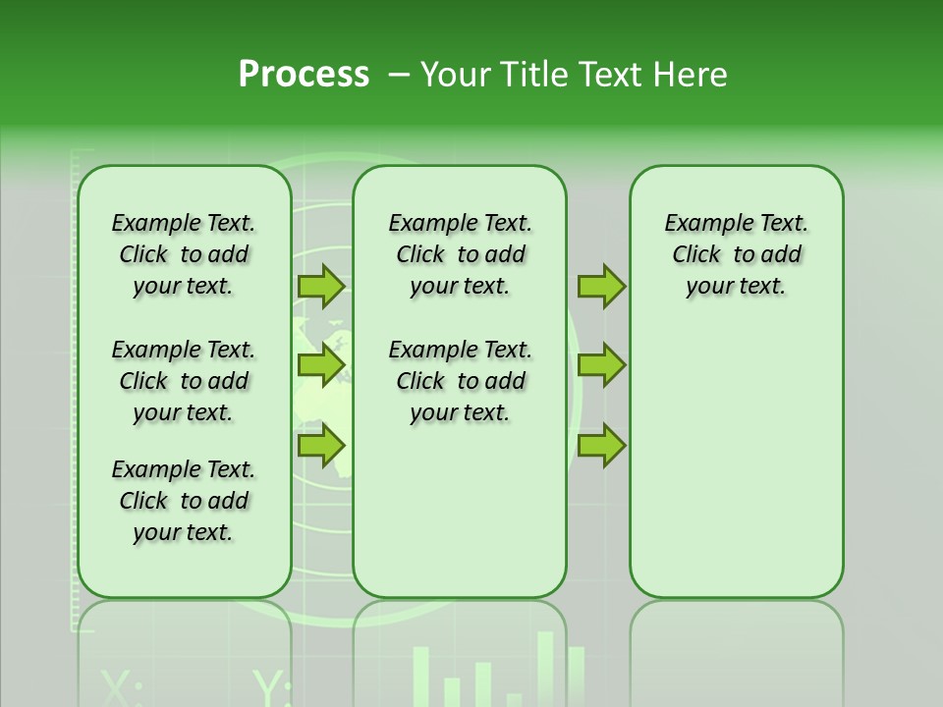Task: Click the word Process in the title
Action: [x=304, y=75]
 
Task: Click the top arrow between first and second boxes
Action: [x=321, y=286]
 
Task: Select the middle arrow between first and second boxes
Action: [x=321, y=365]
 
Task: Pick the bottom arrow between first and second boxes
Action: [x=321, y=445]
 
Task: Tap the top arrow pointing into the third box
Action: [x=601, y=286]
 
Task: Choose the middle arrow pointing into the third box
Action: [x=601, y=365]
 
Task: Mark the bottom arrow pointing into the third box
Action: [x=601, y=445]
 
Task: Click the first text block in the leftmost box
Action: [x=184, y=254]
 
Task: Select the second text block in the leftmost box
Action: [x=184, y=381]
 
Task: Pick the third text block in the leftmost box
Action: [x=184, y=501]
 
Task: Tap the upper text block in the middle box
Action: [x=460, y=254]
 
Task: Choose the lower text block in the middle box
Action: [x=460, y=381]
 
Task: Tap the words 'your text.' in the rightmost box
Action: [x=736, y=287]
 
